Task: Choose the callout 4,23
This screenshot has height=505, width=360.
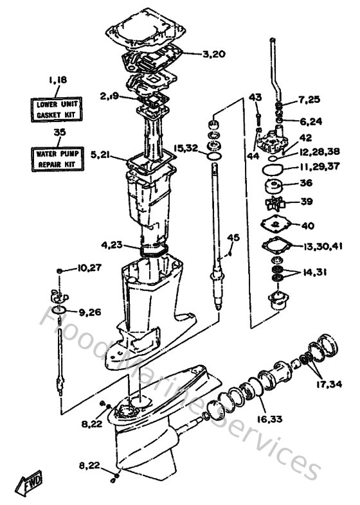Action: (112, 244)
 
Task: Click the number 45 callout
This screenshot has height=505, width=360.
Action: (233, 238)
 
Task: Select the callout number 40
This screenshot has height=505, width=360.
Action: (307, 226)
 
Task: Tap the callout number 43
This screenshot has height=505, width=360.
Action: (255, 97)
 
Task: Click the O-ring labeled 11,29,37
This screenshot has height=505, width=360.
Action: (273, 170)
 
